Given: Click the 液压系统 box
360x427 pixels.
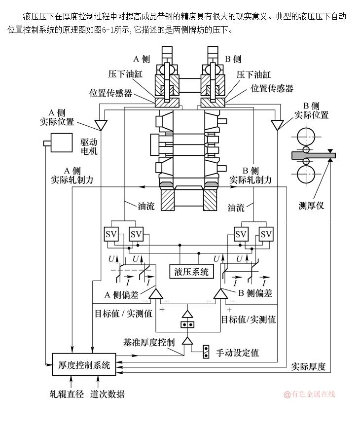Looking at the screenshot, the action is coord(191,271).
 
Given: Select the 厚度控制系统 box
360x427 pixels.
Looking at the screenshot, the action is coord(84,365).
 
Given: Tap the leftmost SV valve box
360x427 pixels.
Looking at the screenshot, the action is coord(111,234).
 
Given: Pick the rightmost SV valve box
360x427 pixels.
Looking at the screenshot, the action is coord(266,234).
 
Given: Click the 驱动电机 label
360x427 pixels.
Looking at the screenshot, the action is coord(89,146).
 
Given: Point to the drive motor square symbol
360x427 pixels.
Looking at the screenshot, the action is coord(61,142).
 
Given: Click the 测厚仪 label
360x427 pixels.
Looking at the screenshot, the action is coord(311,206).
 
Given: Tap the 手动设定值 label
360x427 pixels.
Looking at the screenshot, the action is coord(237,353).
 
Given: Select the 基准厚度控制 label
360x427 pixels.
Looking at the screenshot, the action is coord(148,342).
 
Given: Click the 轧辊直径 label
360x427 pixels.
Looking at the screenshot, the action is coord(67,394).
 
